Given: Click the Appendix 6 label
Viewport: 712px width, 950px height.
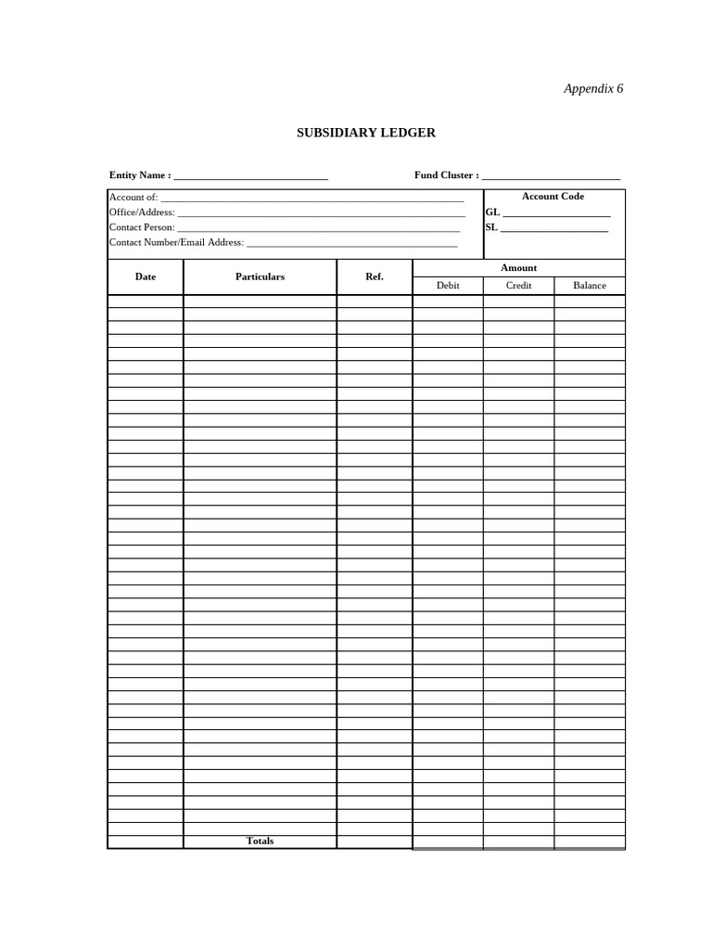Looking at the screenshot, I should [x=593, y=89].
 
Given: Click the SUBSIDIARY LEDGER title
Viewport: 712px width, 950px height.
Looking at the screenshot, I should [x=365, y=133].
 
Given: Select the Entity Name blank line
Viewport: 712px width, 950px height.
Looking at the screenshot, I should [x=250, y=176].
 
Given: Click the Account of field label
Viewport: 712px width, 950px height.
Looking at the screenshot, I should [x=133, y=197].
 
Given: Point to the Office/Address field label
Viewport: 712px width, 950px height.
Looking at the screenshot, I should [x=142, y=212].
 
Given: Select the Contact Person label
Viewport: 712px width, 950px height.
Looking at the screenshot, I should [x=142, y=227].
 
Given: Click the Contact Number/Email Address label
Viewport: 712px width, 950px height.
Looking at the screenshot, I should [x=176, y=242].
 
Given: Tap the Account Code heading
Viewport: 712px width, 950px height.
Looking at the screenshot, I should [x=553, y=197].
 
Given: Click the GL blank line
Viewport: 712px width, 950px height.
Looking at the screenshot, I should [x=556, y=213].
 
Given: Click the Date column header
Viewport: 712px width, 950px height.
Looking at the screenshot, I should [x=146, y=276].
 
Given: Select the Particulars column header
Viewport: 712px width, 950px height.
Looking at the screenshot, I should [x=260, y=276].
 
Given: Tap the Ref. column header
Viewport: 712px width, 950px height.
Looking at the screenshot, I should [x=375, y=276].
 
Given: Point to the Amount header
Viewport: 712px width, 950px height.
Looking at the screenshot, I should [x=518, y=268].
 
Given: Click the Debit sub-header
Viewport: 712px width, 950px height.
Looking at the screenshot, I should [x=448, y=286].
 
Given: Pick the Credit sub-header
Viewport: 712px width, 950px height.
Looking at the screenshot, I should [x=518, y=286].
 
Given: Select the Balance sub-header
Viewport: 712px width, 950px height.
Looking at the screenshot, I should [x=590, y=286].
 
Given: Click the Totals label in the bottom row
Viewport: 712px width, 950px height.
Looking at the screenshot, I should [x=260, y=841].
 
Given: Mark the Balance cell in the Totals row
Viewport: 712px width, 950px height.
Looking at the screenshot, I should [x=590, y=841].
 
